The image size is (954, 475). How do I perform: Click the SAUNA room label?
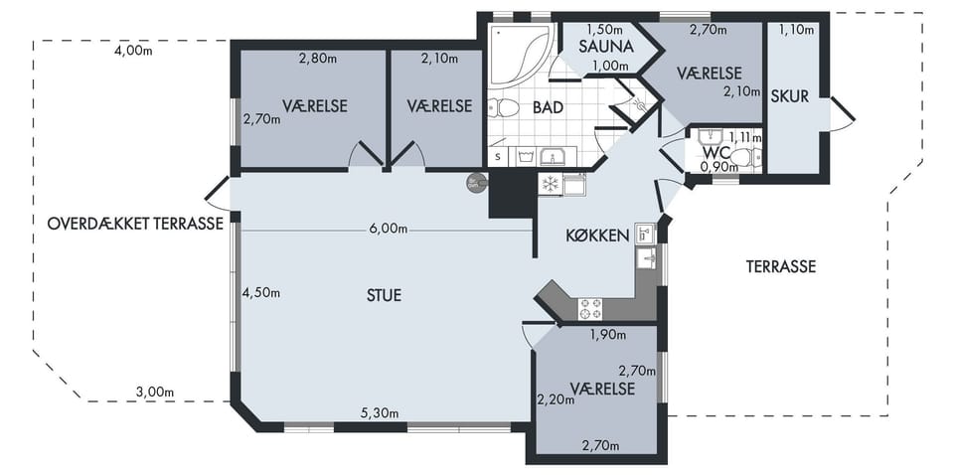pos(606,47)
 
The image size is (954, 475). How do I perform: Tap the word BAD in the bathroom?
pos(548,107)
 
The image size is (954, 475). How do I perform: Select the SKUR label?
pos(790,96)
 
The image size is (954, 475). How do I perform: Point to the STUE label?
pos(384,295)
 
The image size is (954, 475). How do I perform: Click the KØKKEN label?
pos(597,236)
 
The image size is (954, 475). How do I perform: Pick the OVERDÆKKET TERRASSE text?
pos(136,224)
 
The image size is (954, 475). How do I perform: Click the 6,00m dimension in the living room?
pos(388,229)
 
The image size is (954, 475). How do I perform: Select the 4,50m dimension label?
pos(261,292)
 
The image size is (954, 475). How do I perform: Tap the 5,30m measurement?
pos(380,413)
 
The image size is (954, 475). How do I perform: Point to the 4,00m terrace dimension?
pos(133,51)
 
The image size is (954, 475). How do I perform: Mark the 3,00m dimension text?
pos(155,393)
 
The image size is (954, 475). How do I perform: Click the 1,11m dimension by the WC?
pos(744,138)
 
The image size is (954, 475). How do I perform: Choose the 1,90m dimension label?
pos(607,334)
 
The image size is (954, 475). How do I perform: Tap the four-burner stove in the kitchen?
pos(589,308)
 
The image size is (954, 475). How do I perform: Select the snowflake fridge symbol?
pos(550,184)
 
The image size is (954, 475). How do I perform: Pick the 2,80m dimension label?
pos(318,59)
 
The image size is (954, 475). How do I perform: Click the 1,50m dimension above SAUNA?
pos(605,29)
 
